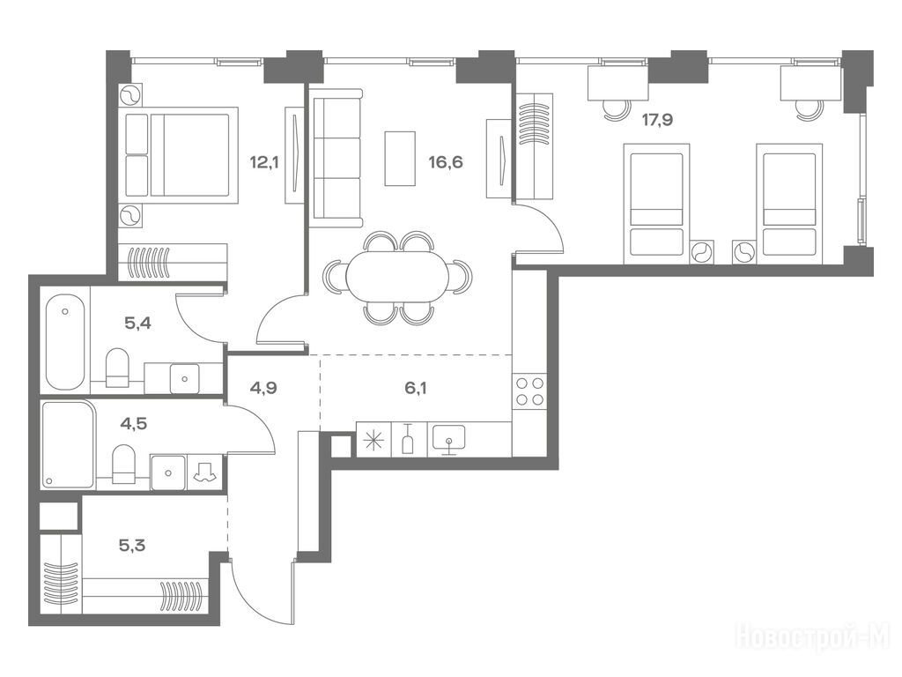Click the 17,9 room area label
point(657,120)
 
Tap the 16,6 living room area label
point(446,162)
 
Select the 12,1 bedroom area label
point(264,162)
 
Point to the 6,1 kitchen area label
point(416,388)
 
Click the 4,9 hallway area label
point(263,388)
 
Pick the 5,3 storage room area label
point(132,545)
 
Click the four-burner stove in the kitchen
point(529,391)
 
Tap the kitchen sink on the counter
point(448,439)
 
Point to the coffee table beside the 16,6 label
point(400,159)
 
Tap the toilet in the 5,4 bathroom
point(118,368)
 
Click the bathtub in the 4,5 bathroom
point(69,444)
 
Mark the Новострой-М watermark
point(813,637)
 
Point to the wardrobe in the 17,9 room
point(535,146)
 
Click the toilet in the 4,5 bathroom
point(122,464)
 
